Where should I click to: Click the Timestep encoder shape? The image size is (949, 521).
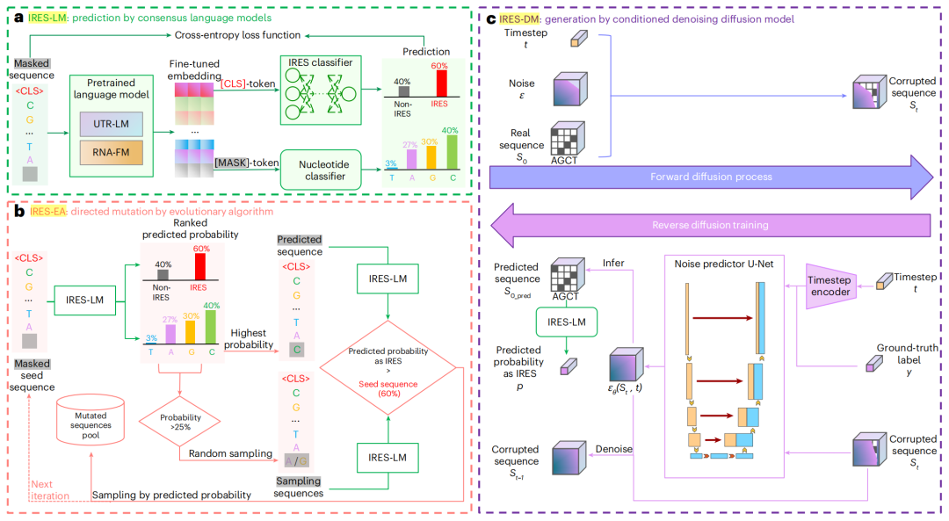(830, 287)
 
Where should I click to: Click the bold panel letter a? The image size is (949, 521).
(15, 16)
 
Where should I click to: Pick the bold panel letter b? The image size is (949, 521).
(15, 211)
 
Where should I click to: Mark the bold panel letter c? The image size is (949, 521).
(489, 16)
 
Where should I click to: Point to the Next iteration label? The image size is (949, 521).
(48, 490)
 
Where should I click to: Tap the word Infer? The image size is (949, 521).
(613, 263)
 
